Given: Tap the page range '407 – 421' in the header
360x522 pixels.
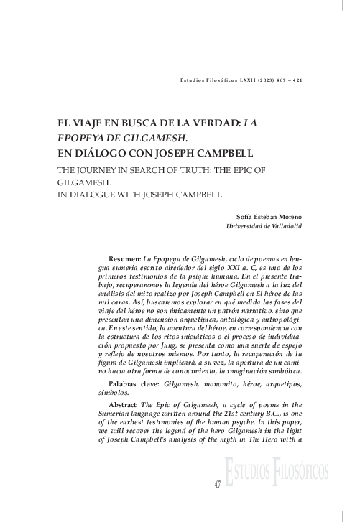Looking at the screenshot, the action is pyautogui.click(x=288, y=80).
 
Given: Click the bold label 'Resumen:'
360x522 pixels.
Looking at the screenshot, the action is pyautogui.click(x=124, y=257).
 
